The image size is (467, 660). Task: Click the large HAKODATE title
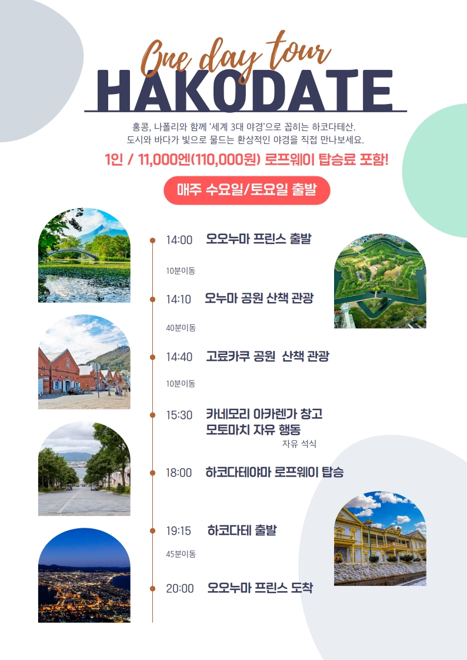(x=245, y=91)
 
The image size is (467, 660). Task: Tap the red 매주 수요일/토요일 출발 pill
(x=247, y=190)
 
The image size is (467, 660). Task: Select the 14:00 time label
(x=179, y=240)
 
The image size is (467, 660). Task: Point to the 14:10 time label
(x=179, y=299)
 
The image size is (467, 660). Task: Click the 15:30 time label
(x=179, y=415)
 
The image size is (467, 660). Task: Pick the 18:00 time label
(x=179, y=473)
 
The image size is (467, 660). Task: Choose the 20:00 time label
(x=180, y=588)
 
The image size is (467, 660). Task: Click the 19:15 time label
(x=179, y=531)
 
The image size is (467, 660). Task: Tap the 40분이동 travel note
(x=181, y=327)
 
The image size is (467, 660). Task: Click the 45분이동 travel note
(x=181, y=554)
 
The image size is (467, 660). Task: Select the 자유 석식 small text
(x=299, y=444)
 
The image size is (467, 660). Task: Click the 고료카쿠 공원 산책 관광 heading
(x=268, y=357)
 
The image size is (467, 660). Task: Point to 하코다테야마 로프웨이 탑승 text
(x=275, y=473)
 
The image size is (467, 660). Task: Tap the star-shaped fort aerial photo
(x=381, y=281)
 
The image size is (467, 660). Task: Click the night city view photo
(x=84, y=575)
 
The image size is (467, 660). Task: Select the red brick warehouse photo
(x=84, y=362)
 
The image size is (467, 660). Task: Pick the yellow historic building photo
(x=381, y=538)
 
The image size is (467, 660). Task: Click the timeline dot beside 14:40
(x=152, y=357)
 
